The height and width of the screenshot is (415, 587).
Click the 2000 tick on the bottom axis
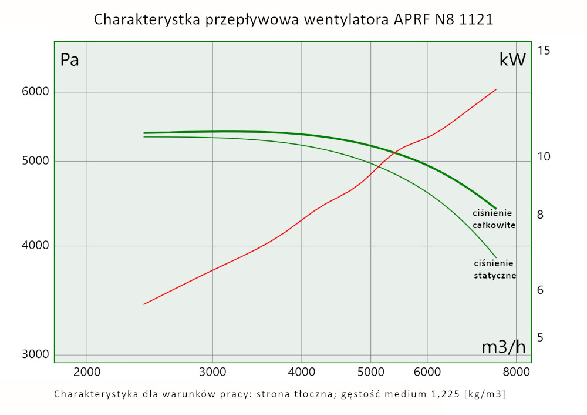(x=87, y=372)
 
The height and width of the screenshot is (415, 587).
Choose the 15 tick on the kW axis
(x=544, y=51)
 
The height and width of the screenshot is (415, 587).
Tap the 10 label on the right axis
(x=544, y=156)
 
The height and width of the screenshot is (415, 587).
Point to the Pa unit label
(x=69, y=60)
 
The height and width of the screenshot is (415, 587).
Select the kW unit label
(x=512, y=59)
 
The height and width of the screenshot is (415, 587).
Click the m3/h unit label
(x=504, y=347)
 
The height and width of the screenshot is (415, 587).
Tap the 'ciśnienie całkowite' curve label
(x=494, y=219)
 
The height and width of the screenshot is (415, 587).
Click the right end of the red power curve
(x=497, y=89)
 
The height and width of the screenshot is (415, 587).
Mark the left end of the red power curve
(x=144, y=304)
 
